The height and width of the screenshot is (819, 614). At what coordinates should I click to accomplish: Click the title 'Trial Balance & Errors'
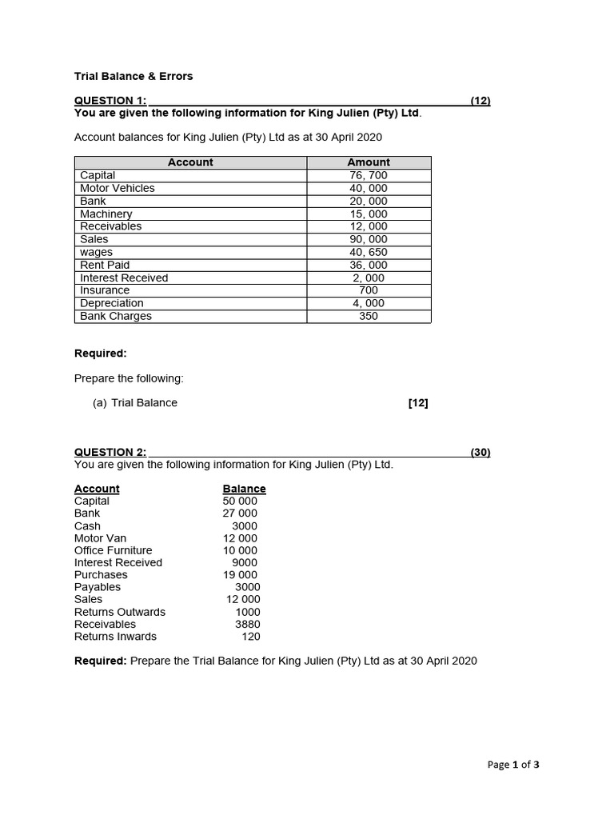(x=134, y=77)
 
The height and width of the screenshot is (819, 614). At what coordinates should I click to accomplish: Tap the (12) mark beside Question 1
(x=480, y=101)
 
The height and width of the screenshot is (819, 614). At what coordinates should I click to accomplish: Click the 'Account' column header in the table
(x=190, y=162)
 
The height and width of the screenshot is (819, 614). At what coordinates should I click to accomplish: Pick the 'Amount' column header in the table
(x=369, y=162)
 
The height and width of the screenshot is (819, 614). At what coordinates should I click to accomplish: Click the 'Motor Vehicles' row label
(x=118, y=188)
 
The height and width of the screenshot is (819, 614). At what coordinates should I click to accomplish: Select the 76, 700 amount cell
(x=369, y=175)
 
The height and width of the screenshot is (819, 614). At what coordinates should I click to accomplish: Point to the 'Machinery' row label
(x=106, y=214)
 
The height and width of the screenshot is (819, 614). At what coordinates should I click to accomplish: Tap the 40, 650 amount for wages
(x=369, y=252)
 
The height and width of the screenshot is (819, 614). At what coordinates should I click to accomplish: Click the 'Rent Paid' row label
(x=105, y=265)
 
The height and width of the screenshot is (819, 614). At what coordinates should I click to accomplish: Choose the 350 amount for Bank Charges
(x=369, y=316)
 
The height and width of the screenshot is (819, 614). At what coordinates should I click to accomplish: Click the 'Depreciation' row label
(x=112, y=303)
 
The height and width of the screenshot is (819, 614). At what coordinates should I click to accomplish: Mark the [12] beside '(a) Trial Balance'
(x=418, y=403)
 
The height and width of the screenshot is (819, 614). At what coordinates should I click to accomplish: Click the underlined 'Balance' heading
(x=244, y=489)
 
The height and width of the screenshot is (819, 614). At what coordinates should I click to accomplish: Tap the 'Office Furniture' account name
(x=113, y=550)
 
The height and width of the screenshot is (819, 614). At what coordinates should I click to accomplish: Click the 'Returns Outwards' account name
(x=120, y=612)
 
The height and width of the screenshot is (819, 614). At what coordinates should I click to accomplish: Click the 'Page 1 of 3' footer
(x=513, y=765)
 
